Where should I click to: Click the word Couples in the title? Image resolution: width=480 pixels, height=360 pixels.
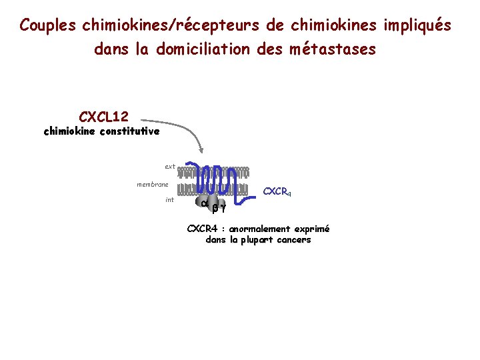[x=47, y=25]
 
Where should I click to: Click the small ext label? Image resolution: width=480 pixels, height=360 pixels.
[x=170, y=166]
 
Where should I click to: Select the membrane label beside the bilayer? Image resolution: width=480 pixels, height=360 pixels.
[x=153, y=184]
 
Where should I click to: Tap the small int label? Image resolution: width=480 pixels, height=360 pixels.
[x=169, y=199]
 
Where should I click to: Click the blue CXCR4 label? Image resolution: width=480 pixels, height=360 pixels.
[x=277, y=192]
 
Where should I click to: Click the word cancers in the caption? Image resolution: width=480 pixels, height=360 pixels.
[x=291, y=240]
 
